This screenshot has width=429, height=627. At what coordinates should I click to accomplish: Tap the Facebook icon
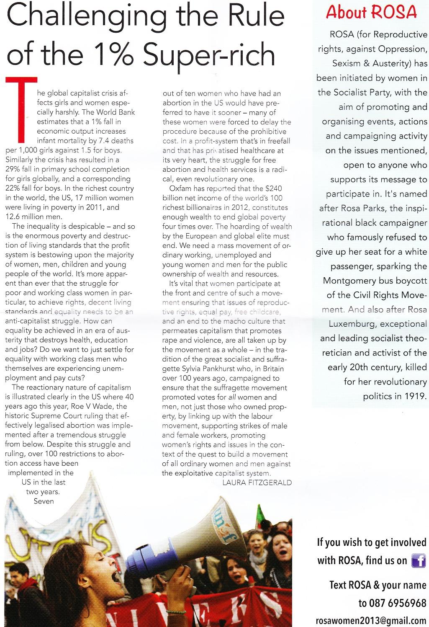pyautogui.click(x=419, y=560)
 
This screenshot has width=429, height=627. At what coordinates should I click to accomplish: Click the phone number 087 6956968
pyautogui.click(x=398, y=603)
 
